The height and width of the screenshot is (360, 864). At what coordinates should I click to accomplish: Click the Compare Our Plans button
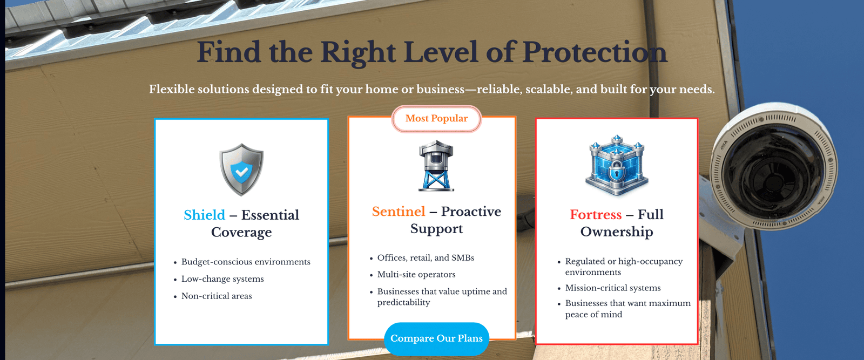[436, 338]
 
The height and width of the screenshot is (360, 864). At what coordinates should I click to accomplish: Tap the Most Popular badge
[436, 118]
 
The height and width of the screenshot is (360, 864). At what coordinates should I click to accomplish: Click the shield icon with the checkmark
[241, 169]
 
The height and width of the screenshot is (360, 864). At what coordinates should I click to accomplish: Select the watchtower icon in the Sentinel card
[436, 166]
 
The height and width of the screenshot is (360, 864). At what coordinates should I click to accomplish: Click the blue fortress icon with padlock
[617, 166]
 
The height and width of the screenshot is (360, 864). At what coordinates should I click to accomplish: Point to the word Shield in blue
[204, 215]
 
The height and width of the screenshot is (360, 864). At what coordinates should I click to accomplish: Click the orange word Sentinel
[399, 211]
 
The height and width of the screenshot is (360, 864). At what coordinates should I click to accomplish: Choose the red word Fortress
[596, 214]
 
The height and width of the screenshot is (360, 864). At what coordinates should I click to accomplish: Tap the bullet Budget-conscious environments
[246, 262]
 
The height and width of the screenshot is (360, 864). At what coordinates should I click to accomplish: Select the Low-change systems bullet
[222, 279]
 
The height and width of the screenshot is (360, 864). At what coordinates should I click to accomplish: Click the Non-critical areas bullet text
[217, 296]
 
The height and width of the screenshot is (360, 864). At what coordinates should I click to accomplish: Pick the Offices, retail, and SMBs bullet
[426, 257]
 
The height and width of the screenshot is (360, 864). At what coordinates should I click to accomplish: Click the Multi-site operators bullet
[416, 274]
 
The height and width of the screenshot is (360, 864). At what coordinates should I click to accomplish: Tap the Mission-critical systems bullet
[613, 288]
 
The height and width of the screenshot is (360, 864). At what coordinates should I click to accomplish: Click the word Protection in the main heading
[595, 52]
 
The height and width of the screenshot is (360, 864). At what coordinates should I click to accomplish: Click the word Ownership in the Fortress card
[616, 232]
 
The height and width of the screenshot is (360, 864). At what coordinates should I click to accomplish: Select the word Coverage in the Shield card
[241, 232]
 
